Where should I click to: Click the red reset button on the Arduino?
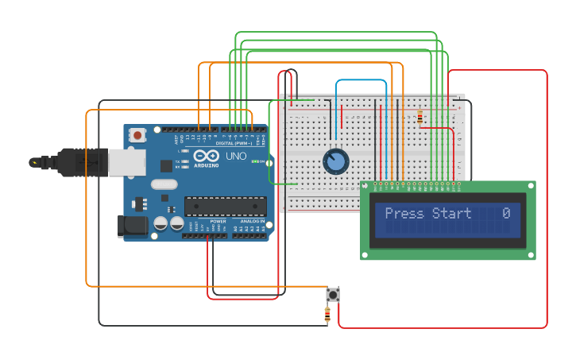tap(137, 135)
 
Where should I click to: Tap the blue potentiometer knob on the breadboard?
tap(336, 162)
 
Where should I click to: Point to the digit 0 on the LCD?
tap(506, 213)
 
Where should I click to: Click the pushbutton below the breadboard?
tap(333, 295)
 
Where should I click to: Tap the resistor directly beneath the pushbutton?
tap(327, 315)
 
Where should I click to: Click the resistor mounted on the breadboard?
tap(419, 118)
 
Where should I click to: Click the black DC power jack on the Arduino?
tap(132, 225)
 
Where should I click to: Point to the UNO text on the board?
tap(236, 156)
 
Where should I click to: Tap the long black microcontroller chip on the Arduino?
tap(226, 207)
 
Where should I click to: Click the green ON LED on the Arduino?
tap(255, 161)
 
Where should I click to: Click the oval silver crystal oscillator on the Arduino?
tap(164, 184)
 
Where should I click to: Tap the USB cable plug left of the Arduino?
tap(72, 162)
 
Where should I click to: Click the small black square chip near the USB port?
tap(166, 166)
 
